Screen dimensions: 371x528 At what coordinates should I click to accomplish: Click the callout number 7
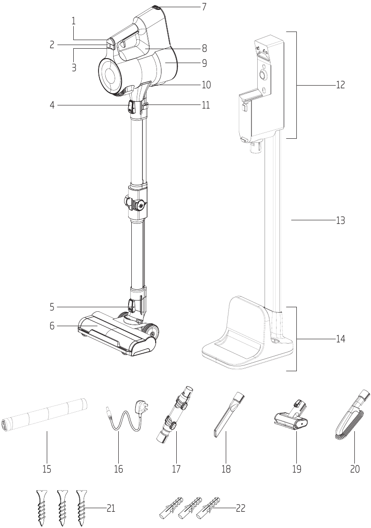(204, 7)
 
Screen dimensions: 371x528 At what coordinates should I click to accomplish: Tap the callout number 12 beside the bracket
(340, 85)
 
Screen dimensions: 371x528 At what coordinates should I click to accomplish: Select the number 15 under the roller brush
(47, 469)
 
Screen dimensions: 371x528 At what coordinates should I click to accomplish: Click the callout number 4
(52, 105)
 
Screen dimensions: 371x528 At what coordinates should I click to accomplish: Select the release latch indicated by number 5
(131, 306)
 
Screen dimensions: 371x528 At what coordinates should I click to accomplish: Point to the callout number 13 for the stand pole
(340, 221)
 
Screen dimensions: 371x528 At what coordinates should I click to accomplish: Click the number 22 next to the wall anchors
(241, 508)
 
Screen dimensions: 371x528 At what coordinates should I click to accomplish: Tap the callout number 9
(204, 63)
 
